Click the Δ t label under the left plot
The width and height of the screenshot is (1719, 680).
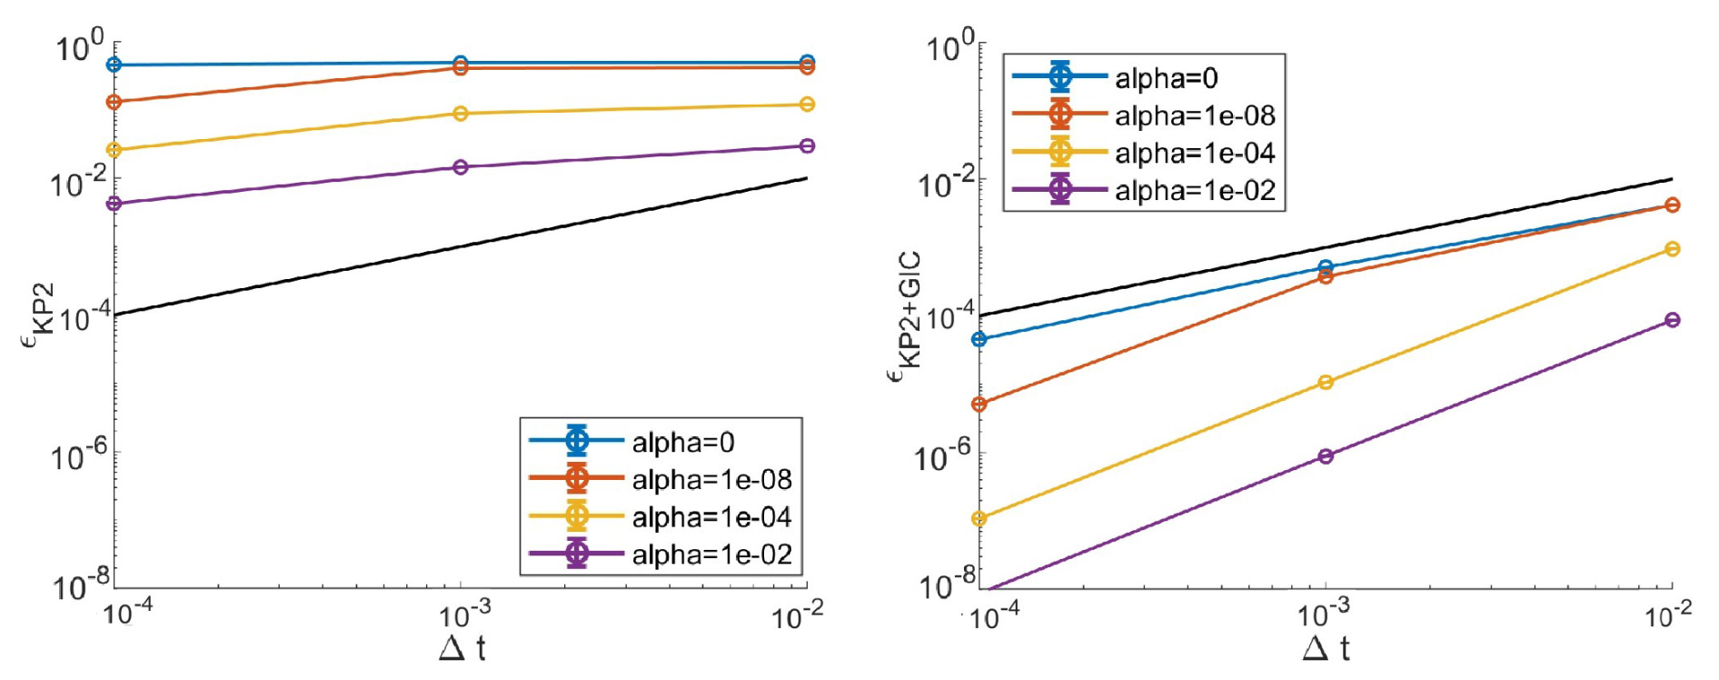(x=462, y=649)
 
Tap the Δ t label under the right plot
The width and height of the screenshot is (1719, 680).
(x=1326, y=649)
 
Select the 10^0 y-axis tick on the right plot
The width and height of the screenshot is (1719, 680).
(x=950, y=45)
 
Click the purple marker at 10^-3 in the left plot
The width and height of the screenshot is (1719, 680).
(x=461, y=167)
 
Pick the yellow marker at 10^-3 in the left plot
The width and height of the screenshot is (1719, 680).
(x=461, y=114)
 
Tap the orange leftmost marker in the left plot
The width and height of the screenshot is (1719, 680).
(x=114, y=102)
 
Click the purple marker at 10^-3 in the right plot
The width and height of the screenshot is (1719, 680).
(x=1326, y=456)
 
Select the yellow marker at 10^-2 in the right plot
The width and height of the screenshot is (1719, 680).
(x=1673, y=249)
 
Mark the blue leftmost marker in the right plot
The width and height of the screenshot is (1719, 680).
(x=979, y=340)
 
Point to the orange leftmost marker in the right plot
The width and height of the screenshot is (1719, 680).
(x=979, y=405)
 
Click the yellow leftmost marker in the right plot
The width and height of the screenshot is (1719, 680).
(x=979, y=519)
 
